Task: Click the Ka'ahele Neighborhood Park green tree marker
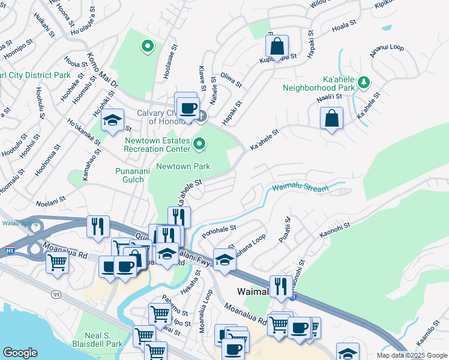point(363,82)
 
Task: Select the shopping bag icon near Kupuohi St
point(277,46)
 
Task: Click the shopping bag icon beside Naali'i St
point(331,119)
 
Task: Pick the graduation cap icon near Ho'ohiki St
point(112,121)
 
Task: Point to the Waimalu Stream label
point(300,188)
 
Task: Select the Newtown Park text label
point(183,166)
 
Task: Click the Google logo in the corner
point(20,353)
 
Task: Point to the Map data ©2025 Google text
point(412,355)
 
